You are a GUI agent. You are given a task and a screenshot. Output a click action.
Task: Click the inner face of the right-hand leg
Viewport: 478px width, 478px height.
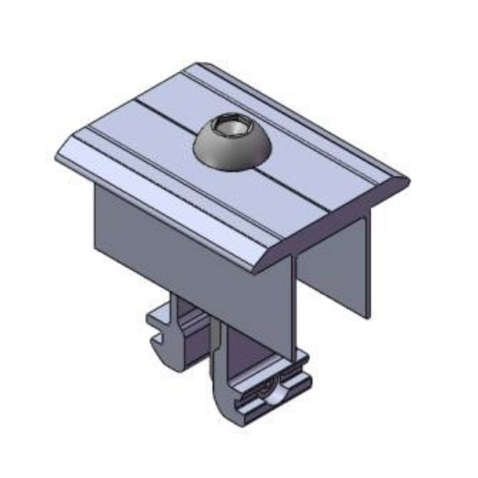335,271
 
